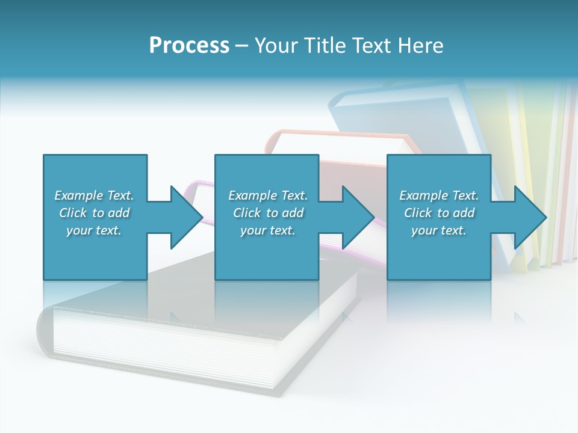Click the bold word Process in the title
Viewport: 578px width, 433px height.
pyautogui.click(x=189, y=46)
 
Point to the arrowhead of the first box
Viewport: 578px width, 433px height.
pyautogui.click(x=187, y=217)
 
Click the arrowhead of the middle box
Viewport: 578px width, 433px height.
pyautogui.click(x=359, y=217)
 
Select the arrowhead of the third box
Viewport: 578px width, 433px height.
pyautogui.click(x=530, y=217)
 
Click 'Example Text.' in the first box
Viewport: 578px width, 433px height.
pyautogui.click(x=94, y=195)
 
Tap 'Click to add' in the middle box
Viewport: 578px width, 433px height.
pyautogui.click(x=268, y=213)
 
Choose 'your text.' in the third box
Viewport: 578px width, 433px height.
pyautogui.click(x=439, y=230)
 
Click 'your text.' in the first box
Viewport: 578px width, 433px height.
pyautogui.click(x=94, y=230)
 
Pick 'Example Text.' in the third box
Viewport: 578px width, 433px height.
pyautogui.click(x=439, y=195)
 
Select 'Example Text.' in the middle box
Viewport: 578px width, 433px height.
pyautogui.click(x=268, y=195)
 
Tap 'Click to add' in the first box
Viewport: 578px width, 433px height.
pyautogui.click(x=94, y=213)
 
